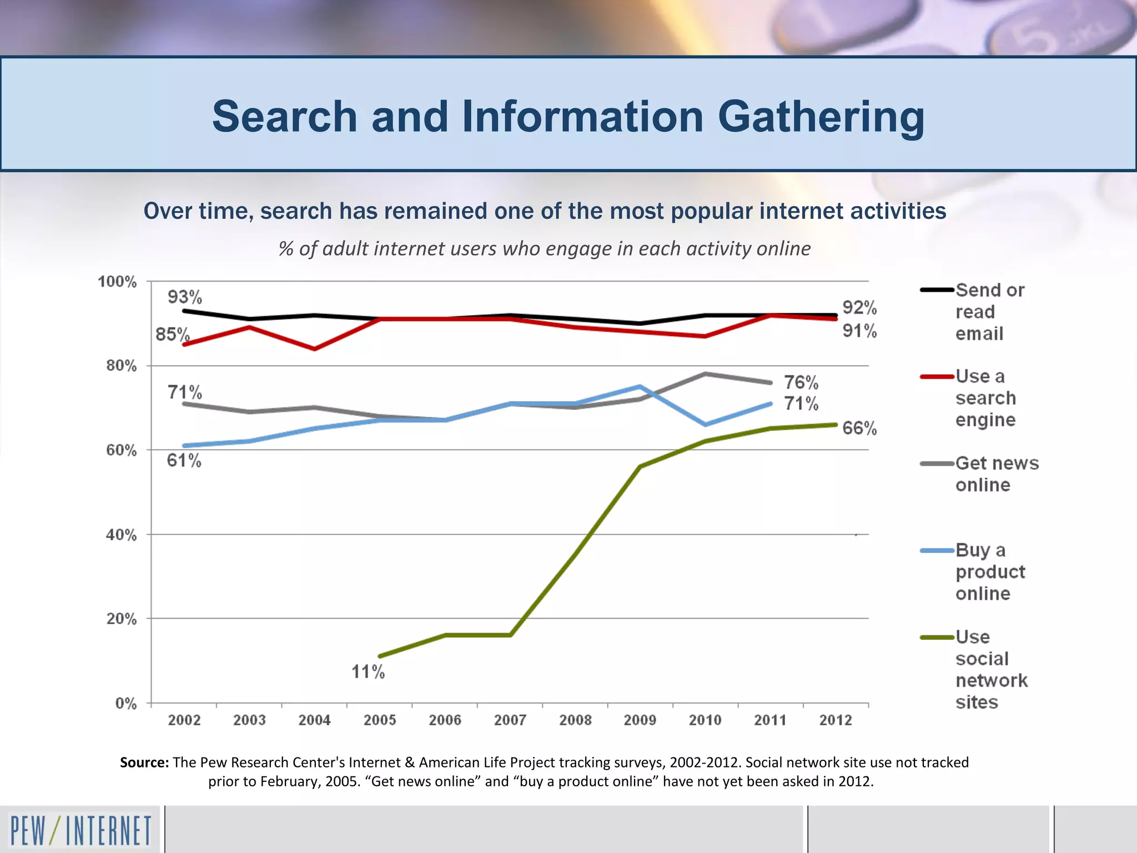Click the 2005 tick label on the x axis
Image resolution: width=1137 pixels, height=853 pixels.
coord(380,720)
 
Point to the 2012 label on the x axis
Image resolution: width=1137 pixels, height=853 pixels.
coord(836,720)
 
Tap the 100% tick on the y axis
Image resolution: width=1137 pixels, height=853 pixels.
coord(117,282)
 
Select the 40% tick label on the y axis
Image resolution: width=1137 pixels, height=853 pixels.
coord(122,535)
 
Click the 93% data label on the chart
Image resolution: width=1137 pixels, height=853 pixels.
coord(185,297)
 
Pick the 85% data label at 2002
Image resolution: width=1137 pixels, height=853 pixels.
coord(172,334)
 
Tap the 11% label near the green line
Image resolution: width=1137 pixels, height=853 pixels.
coord(368,672)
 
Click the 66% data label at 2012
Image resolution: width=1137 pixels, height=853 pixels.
coord(859,428)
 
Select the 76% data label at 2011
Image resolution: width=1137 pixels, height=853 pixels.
coord(801,382)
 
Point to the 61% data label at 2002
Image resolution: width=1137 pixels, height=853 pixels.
coord(184,460)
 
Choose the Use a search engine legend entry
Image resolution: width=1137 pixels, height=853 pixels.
coord(985,398)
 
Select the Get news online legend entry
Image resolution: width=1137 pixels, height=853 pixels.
coord(997,474)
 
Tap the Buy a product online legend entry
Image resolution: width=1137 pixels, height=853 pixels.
coord(990,571)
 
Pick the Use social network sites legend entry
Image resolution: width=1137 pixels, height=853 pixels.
coord(991,669)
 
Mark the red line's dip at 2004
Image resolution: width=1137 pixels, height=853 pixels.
coord(315,349)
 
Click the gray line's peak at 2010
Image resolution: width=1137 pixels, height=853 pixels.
coord(705,374)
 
